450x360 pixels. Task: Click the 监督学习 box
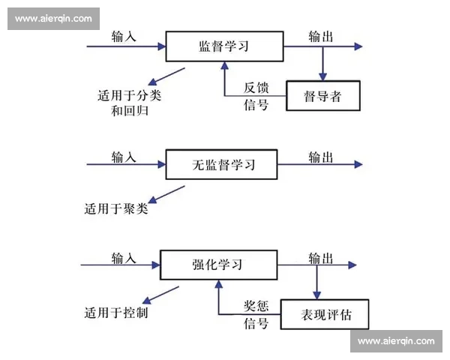pyautogui.click(x=223, y=46)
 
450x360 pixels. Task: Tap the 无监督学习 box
pyautogui.click(x=221, y=164)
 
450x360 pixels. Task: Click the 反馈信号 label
pyautogui.click(x=254, y=97)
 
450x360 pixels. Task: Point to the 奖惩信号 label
pyautogui.click(x=254, y=315)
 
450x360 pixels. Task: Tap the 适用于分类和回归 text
pyautogui.click(x=129, y=103)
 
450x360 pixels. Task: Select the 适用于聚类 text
pyautogui.click(x=115, y=209)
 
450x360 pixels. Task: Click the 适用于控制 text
pyautogui.click(x=115, y=311)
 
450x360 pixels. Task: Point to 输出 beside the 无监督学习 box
pyautogui.click(x=321, y=157)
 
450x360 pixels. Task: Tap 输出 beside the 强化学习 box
pyautogui.click(x=321, y=258)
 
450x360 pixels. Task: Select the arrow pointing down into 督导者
pyautogui.click(x=323, y=64)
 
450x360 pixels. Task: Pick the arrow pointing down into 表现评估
pyautogui.click(x=316, y=283)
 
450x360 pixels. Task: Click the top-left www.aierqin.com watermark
pyautogui.click(x=53, y=19)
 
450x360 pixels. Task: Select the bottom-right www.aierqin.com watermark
pyautogui.click(x=396, y=341)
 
